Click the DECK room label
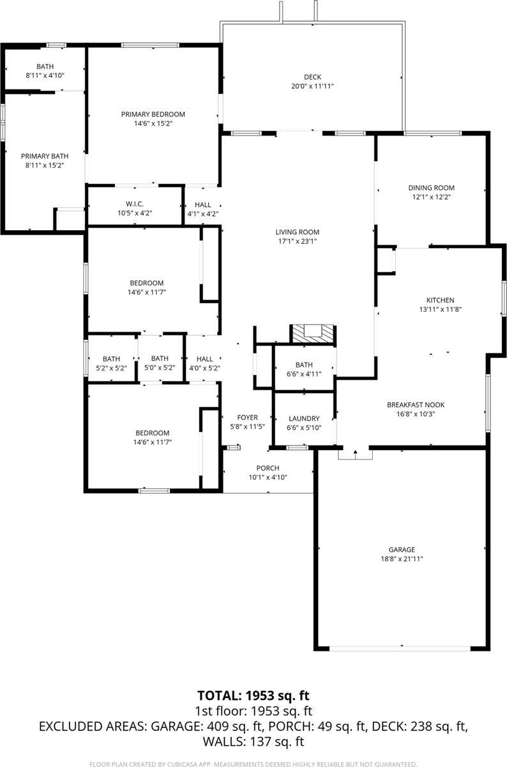pyautogui.click(x=312, y=77)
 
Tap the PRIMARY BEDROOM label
pyautogui.click(x=153, y=114)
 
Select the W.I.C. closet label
pyautogui.click(x=134, y=204)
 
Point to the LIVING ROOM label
pyautogui.click(x=297, y=232)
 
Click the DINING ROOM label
pyautogui.click(x=432, y=188)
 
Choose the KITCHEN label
pyautogui.click(x=440, y=300)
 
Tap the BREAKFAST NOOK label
pyautogui.click(x=416, y=405)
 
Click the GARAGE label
pyautogui.click(x=402, y=550)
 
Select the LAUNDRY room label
pyautogui.click(x=304, y=419)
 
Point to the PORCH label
pyautogui.click(x=268, y=468)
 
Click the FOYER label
pyautogui.click(x=247, y=417)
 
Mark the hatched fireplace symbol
pyautogui.click(x=313, y=334)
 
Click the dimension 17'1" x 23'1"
pyautogui.click(x=297, y=241)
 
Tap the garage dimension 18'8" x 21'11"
pyautogui.click(x=402, y=559)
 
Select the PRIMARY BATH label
pyautogui.click(x=45, y=156)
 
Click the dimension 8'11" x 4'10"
pyautogui.click(x=45, y=75)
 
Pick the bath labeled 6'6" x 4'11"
pyautogui.click(x=304, y=365)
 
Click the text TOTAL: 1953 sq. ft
pyautogui.click(x=253, y=695)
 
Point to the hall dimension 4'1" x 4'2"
pyautogui.click(x=202, y=213)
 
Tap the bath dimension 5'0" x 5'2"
pyautogui.click(x=160, y=368)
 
